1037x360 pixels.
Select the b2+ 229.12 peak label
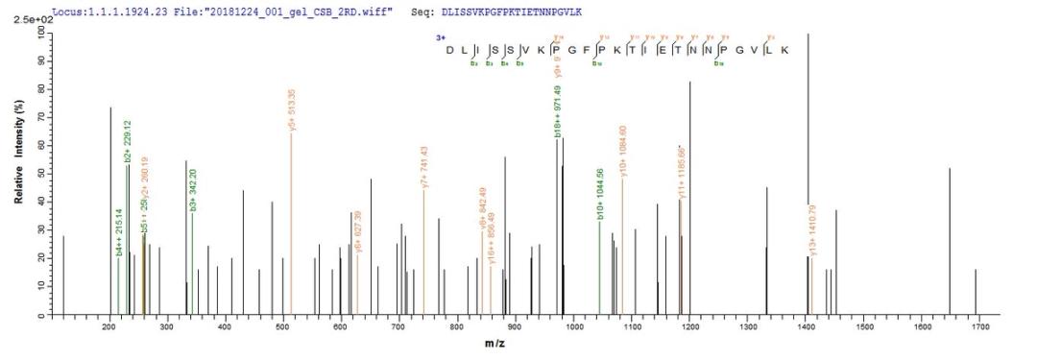127,143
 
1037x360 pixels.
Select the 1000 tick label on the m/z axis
574,329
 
